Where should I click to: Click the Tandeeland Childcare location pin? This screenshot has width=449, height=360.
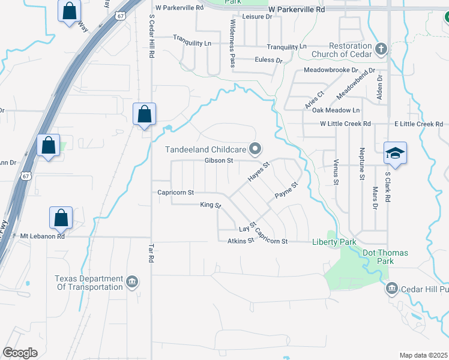[256, 148]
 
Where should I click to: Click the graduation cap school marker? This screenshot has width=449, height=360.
[396, 154]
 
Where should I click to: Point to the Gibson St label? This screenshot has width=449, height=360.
[218, 160]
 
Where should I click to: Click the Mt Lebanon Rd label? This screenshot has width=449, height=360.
[42, 236]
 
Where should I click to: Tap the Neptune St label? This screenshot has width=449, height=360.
[362, 164]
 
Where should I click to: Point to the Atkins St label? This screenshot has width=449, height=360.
[241, 241]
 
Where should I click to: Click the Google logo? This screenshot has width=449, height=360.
[20, 352]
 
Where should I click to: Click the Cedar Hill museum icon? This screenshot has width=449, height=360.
[392, 289]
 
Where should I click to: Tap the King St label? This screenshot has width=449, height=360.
[211, 205]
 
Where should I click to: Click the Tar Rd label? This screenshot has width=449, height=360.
[151, 253]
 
